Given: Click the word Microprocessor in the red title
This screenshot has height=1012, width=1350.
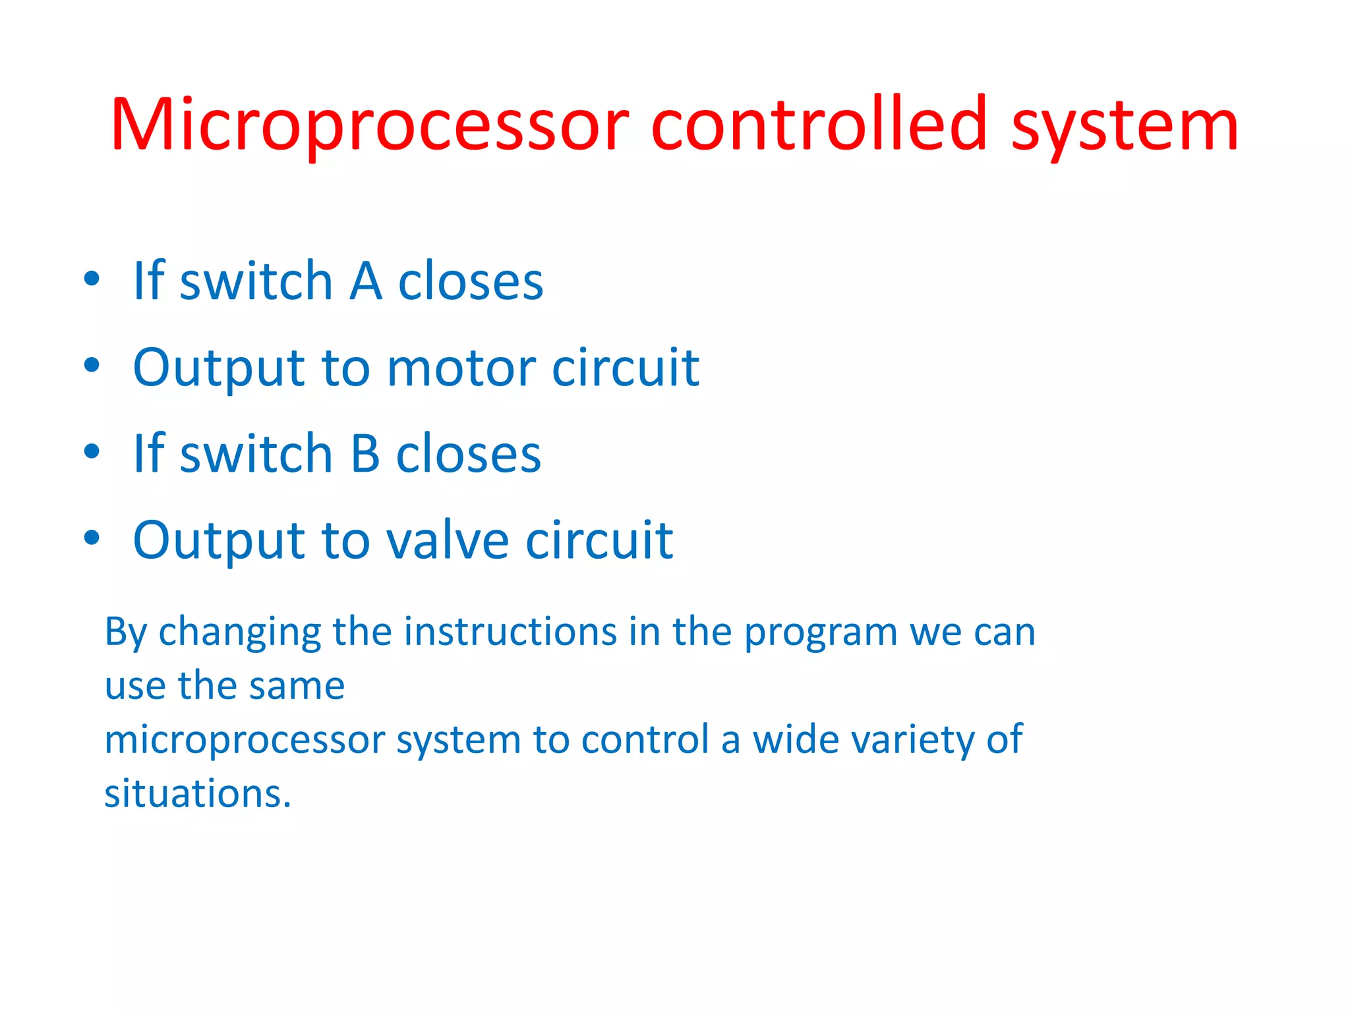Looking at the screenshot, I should point(369,125).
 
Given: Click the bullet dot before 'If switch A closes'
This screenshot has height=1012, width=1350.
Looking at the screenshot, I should point(92,279).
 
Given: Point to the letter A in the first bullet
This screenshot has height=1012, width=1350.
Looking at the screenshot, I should point(366,281).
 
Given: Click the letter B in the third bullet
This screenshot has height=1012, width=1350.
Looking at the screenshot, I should point(365,454).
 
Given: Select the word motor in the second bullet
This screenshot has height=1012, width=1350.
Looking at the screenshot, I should point(461,368).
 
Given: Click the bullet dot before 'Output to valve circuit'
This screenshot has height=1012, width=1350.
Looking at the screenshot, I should point(92,538).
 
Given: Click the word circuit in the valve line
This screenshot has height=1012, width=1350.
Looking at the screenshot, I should point(599,540).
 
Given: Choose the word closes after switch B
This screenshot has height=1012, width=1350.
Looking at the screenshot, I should point(468,454).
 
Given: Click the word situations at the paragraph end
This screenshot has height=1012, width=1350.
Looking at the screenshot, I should point(197,793).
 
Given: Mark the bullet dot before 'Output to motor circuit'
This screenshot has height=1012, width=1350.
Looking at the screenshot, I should point(92,365).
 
